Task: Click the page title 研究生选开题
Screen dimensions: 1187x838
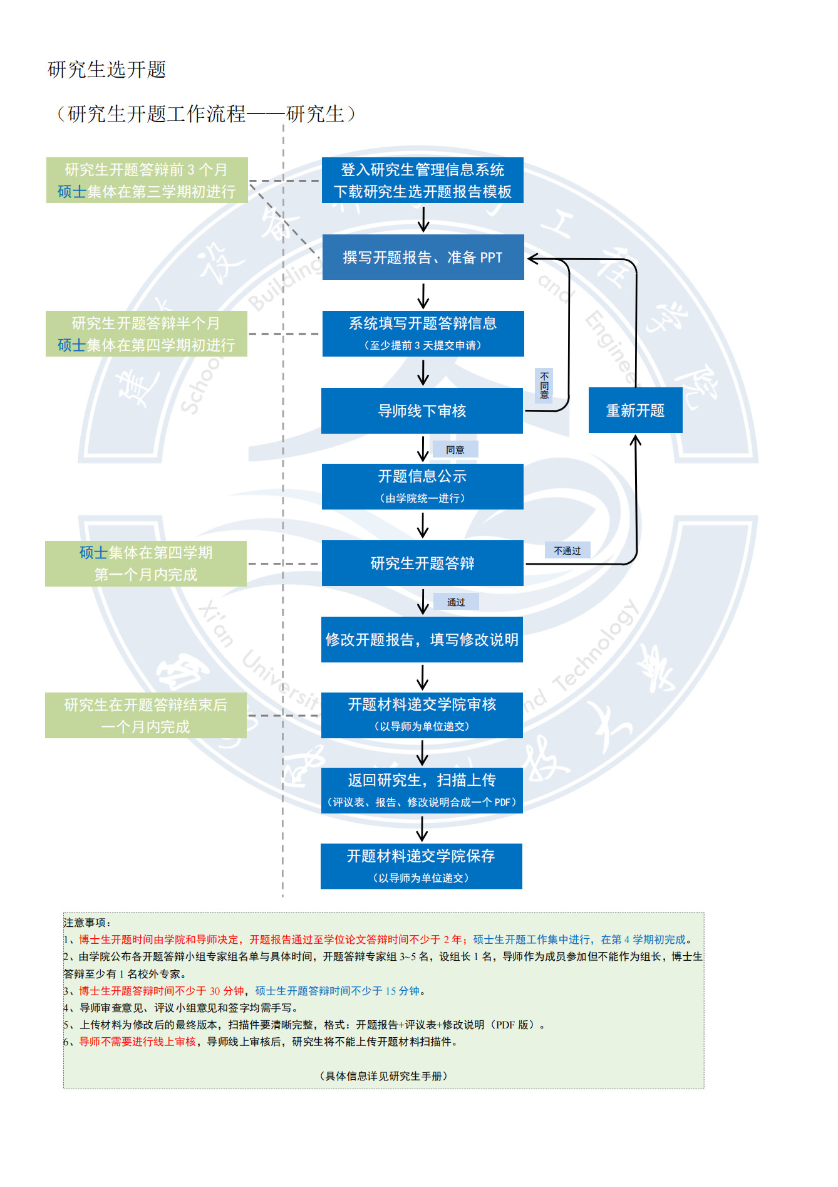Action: click(107, 70)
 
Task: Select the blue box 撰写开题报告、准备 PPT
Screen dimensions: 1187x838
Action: click(423, 258)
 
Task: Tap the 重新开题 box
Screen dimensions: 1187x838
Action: click(635, 410)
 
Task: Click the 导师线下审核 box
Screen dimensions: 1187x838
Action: click(422, 411)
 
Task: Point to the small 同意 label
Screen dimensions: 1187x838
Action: click(455, 449)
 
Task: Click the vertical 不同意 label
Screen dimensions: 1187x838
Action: click(544, 385)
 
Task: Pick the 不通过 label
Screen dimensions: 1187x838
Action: click(567, 551)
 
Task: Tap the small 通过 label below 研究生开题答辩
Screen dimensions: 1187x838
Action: click(456, 602)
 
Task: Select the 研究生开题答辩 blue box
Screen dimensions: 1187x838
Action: click(422, 563)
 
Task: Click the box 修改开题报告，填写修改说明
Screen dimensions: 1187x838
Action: click(422, 640)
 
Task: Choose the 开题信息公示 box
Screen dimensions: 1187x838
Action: click(422, 486)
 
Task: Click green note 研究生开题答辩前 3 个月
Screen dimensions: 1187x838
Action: click(147, 180)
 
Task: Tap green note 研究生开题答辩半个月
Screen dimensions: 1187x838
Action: click(146, 334)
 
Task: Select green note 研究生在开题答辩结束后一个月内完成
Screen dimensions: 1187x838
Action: click(145, 716)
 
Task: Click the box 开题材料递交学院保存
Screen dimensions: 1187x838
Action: click(421, 866)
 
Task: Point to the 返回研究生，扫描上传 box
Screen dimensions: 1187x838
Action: click(422, 790)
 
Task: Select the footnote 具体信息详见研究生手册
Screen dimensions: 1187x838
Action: click(383, 1076)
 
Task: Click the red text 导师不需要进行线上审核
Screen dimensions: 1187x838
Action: click(137, 1042)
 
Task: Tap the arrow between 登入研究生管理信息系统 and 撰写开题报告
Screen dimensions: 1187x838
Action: click(423, 219)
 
